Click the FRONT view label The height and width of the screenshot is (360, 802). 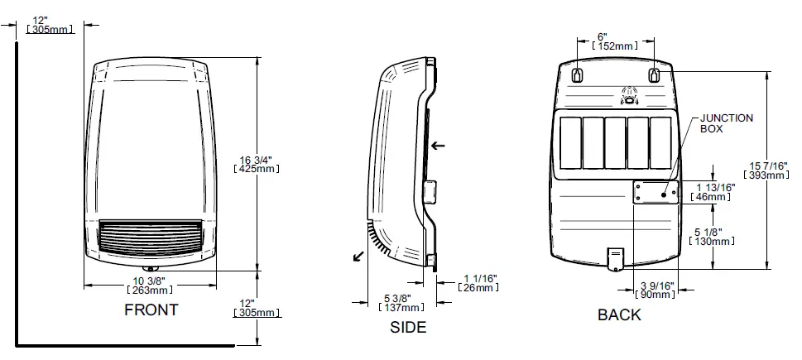tap(151, 310)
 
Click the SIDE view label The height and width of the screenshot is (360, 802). tap(408, 327)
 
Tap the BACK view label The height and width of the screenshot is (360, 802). tap(619, 314)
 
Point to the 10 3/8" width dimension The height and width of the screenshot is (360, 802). tap(151, 285)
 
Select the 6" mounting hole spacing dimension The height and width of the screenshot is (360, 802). tap(613, 42)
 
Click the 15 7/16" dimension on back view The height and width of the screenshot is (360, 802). tap(766, 170)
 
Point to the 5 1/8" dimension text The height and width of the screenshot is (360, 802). tap(711, 236)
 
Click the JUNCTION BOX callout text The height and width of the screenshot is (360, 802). tap(726, 123)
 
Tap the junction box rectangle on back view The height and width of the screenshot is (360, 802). tap(655, 193)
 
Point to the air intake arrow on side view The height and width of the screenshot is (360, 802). tap(438, 146)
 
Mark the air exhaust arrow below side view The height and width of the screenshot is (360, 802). tap(358, 257)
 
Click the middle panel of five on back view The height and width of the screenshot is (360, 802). tap(615, 142)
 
